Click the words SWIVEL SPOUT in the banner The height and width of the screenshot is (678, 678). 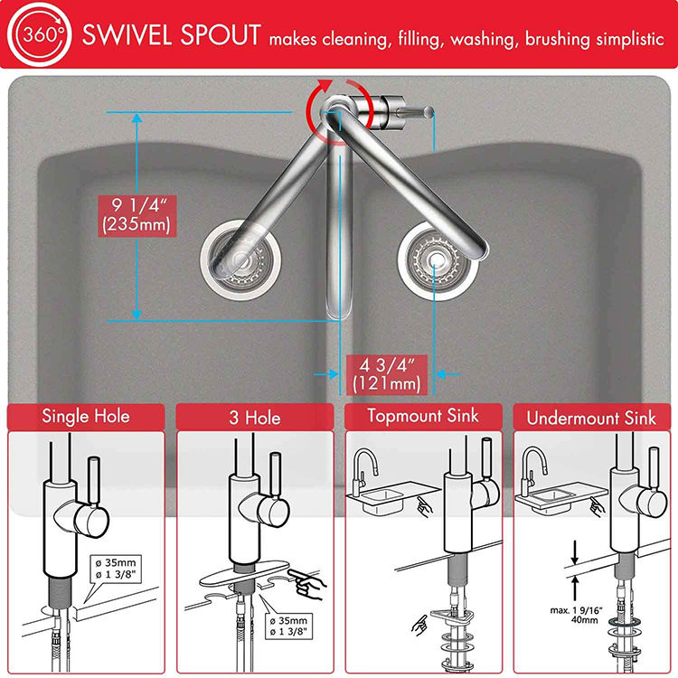click(171, 36)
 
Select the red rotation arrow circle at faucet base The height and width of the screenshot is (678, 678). click(332, 114)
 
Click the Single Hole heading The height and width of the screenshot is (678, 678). click(86, 417)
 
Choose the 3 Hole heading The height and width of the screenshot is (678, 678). click(255, 418)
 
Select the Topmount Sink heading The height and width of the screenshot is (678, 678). click(423, 417)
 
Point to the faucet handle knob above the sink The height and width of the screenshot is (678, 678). click(425, 111)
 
